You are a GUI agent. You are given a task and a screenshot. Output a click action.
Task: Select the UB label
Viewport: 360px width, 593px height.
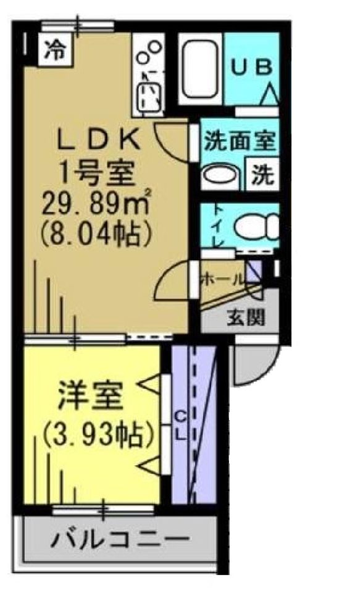click(251, 68)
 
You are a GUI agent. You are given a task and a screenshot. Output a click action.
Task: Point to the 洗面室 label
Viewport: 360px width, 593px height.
click(240, 141)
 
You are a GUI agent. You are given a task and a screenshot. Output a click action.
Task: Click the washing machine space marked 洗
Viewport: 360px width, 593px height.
click(263, 174)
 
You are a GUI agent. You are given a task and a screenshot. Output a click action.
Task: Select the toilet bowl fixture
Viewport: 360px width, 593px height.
click(256, 227)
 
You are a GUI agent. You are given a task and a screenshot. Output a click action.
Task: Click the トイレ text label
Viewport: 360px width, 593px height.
click(218, 226)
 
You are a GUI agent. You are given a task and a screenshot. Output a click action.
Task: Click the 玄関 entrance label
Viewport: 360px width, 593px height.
click(246, 318)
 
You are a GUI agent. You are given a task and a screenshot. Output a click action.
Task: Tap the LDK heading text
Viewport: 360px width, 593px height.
click(98, 140)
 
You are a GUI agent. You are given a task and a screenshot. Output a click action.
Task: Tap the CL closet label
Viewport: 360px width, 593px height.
click(182, 426)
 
